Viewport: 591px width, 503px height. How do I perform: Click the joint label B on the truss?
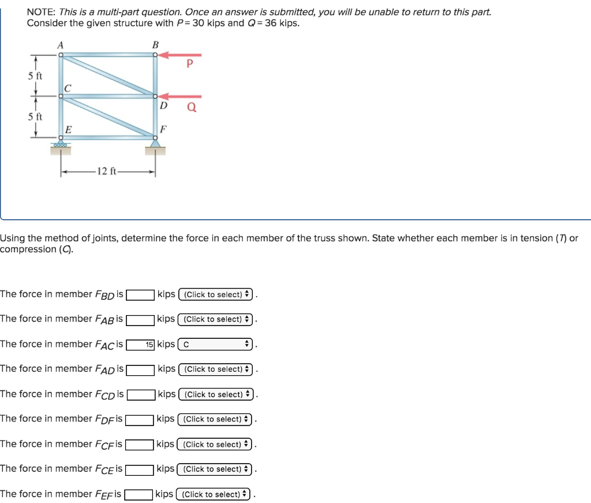155,45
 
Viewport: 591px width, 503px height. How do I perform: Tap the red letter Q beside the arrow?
192,107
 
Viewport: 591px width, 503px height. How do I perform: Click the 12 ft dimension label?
107,171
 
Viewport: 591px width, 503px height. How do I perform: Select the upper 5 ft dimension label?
35,76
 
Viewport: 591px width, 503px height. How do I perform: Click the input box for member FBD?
140,295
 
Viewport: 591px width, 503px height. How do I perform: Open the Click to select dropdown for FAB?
216,319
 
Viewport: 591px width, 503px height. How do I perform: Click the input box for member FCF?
140,445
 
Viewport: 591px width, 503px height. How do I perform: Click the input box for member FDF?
140,419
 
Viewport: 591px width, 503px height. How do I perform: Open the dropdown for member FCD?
216,394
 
